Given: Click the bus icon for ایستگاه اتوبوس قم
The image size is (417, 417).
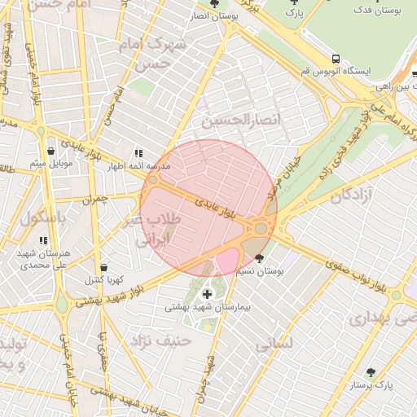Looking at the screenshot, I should (336, 59).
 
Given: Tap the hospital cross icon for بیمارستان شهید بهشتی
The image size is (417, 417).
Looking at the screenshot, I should (207, 293).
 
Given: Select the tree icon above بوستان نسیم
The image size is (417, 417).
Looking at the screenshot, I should (259, 258).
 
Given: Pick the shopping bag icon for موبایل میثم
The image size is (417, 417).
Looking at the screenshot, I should (51, 151).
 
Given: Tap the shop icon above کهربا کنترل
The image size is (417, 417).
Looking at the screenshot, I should (103, 267).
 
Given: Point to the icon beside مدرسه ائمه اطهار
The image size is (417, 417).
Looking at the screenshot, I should (138, 153).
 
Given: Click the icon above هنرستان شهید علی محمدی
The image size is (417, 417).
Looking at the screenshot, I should (43, 240).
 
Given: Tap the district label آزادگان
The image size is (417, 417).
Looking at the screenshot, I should (353, 195).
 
